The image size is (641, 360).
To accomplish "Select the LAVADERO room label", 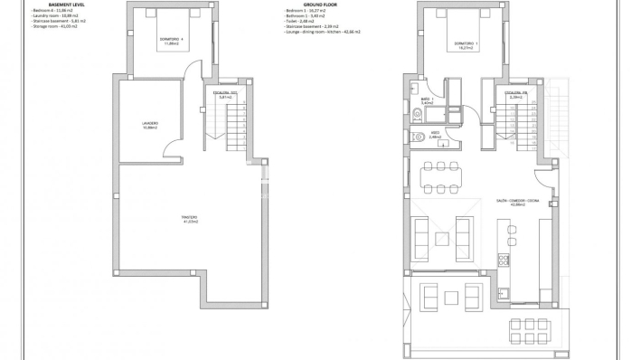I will [150, 125].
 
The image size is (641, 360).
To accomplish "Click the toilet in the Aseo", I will [416, 137].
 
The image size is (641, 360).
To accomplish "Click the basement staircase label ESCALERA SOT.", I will [225, 93].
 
